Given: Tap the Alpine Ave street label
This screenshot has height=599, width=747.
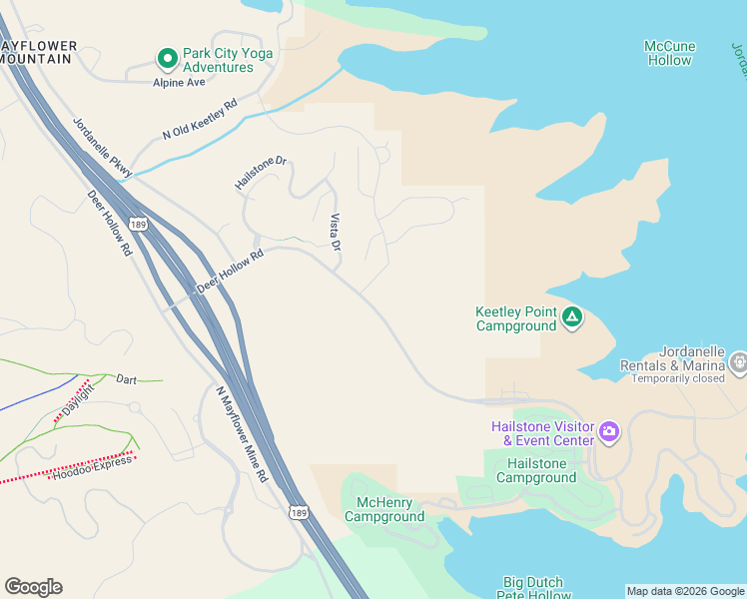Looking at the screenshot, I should [x=179, y=83].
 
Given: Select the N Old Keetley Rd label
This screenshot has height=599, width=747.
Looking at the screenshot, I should [x=200, y=119].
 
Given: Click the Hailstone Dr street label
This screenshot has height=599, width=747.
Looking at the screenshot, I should [x=261, y=172].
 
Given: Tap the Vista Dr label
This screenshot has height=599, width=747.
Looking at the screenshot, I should [x=336, y=232].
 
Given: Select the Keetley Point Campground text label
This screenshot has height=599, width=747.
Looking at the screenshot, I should [x=514, y=318].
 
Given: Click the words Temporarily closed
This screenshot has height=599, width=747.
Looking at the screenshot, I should [x=692, y=378].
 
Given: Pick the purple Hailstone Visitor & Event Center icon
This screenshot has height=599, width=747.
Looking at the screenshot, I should [x=608, y=433].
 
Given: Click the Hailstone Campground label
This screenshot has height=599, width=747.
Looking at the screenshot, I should [x=536, y=470].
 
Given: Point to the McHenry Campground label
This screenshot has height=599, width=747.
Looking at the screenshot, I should [x=384, y=509].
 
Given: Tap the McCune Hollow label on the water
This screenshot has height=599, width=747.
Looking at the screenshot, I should [x=669, y=53].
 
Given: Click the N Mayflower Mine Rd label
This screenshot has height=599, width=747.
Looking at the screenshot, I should [x=242, y=434].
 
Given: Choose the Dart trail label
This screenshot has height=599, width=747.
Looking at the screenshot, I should [x=126, y=379].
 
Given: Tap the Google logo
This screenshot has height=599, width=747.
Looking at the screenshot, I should [x=33, y=587].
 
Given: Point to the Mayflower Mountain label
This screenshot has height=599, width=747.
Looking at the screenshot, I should [x=38, y=52].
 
